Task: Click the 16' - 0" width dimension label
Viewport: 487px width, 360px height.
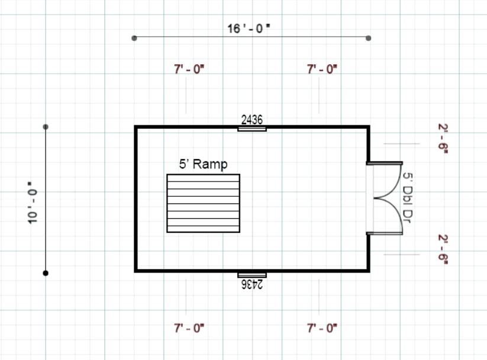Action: (249, 28)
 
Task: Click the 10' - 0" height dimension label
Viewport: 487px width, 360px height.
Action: (33, 203)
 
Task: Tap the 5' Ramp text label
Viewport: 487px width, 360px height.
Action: (203, 164)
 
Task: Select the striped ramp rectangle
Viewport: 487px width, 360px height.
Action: (203, 203)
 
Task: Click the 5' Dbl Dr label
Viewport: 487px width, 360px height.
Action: (408, 197)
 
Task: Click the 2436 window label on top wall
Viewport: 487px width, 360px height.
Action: (252, 120)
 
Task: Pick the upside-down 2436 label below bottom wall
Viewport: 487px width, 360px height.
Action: (252, 284)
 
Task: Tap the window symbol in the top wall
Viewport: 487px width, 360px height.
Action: (252, 129)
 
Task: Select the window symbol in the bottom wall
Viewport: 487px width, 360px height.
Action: (252, 275)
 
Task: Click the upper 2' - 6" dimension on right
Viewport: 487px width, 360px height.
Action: (443, 138)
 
